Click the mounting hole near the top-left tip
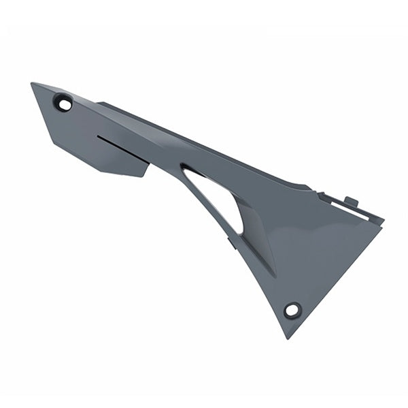coord(64,104)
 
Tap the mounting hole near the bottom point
coord(292,310)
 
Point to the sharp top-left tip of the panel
coord(32,84)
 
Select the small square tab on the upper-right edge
coord(351,202)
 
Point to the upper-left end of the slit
coord(97,137)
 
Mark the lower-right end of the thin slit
coord(148,163)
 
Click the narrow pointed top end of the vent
coord(183,165)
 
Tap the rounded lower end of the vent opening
coord(239,230)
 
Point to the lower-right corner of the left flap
coord(144,176)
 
